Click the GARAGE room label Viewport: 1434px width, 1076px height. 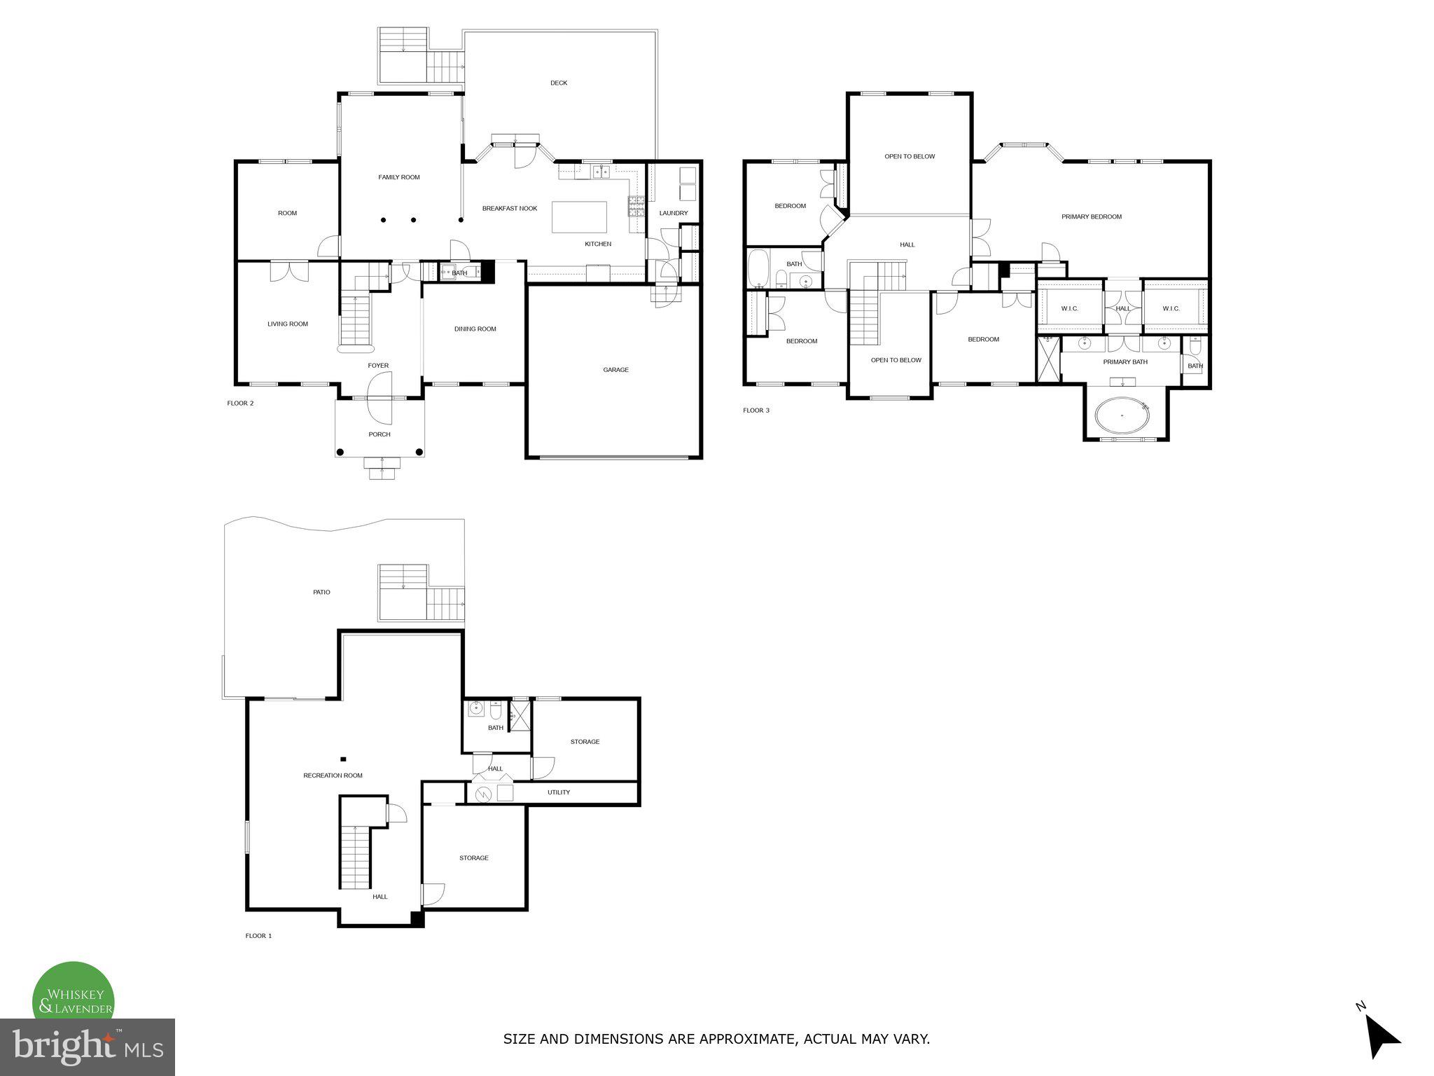pyautogui.click(x=615, y=370)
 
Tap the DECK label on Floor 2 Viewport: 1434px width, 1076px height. pyautogui.click(x=558, y=83)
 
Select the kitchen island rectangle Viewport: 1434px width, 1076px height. pyautogui.click(x=580, y=217)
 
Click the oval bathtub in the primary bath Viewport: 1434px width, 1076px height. pyautogui.click(x=1122, y=415)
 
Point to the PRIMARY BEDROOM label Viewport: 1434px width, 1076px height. pyautogui.click(x=1091, y=216)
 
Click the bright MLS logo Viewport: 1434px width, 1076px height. pyautogui.click(x=88, y=1047)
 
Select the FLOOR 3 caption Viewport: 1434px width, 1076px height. pyautogui.click(x=756, y=411)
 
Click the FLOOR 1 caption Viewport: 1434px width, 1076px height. pyautogui.click(x=258, y=936)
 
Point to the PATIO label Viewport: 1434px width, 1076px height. pyautogui.click(x=321, y=593)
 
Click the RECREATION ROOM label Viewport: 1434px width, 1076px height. pyautogui.click(x=333, y=775)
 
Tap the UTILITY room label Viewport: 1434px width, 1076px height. pyautogui.click(x=558, y=792)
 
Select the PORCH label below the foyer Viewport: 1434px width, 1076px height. pyautogui.click(x=380, y=434)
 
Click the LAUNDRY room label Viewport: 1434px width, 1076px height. pyautogui.click(x=673, y=213)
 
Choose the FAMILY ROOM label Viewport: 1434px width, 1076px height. pyautogui.click(x=399, y=177)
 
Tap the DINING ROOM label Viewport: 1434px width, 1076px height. pyautogui.click(x=475, y=329)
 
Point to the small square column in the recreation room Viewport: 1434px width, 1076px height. pyautogui.click(x=343, y=759)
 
